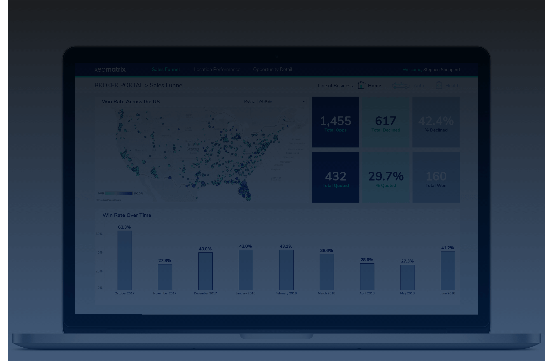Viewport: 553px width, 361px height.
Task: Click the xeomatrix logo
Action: (x=110, y=69)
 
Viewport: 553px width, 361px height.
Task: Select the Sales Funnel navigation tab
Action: (x=166, y=69)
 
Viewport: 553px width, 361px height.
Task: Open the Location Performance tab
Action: (x=217, y=69)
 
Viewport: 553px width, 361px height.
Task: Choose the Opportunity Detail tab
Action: (x=272, y=69)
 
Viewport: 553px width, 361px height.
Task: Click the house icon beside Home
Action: (x=361, y=85)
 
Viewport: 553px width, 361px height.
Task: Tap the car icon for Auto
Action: (x=400, y=85)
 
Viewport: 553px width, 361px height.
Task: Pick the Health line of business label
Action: (x=452, y=86)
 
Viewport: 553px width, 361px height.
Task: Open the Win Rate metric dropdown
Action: (x=282, y=102)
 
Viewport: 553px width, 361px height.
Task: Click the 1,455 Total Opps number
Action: (x=335, y=121)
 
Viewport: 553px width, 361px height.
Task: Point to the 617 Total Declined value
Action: (x=386, y=121)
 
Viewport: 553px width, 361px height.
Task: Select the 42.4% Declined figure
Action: (x=436, y=121)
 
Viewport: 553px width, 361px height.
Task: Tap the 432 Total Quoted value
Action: (x=336, y=176)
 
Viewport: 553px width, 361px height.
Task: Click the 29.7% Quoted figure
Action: (x=386, y=176)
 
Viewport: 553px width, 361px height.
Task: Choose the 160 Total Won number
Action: (x=436, y=176)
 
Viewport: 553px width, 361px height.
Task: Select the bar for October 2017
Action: (x=125, y=260)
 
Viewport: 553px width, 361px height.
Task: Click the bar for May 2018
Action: (x=407, y=277)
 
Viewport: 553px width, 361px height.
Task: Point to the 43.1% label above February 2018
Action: (x=286, y=246)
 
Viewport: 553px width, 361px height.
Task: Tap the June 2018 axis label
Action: (x=447, y=293)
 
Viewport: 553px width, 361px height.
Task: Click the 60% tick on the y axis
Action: (x=99, y=234)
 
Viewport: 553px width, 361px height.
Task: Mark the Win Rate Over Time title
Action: (x=127, y=215)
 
